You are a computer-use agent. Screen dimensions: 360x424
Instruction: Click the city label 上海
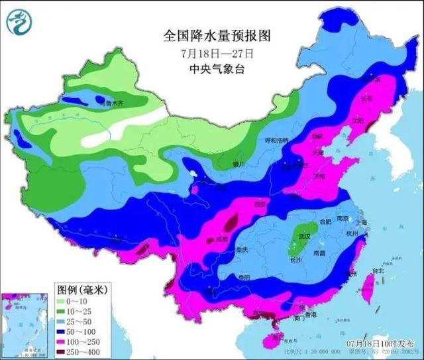[361, 223]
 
